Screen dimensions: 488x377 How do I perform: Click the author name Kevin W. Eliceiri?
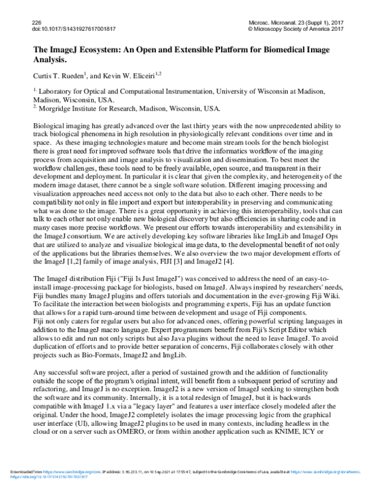pyautogui.click(x=123, y=75)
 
